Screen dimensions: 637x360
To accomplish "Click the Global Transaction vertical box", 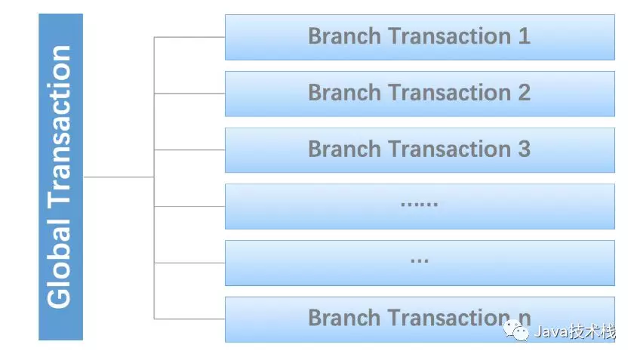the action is point(60,177).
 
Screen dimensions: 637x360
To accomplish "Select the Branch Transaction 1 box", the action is point(420,38).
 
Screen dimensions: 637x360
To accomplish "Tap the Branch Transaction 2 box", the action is point(420,94).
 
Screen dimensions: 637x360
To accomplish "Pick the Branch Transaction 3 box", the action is point(420,150).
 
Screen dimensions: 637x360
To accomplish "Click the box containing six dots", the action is point(420,206).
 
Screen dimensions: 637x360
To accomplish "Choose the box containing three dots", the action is point(420,263).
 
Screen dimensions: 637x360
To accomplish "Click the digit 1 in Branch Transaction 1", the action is point(524,36).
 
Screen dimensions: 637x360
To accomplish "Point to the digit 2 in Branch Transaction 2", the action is point(524,93).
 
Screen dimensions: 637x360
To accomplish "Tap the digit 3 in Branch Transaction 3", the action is point(524,149).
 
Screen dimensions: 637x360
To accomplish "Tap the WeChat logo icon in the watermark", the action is point(516,331).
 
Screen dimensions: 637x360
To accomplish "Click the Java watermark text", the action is point(575,331).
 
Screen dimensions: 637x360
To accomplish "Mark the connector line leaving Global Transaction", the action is point(118,177).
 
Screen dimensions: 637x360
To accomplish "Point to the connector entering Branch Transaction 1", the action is point(189,38).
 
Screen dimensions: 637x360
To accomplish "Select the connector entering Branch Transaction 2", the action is point(189,94).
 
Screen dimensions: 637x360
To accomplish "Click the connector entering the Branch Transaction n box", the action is point(189,319).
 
